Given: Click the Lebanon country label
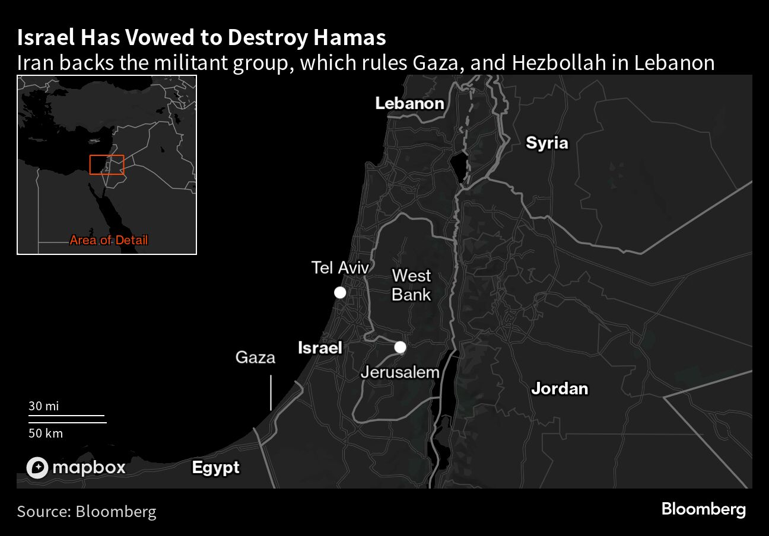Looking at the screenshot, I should [409, 103].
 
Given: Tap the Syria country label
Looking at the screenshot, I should [546, 143].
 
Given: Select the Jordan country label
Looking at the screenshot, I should [559, 388].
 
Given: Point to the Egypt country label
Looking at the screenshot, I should [215, 467].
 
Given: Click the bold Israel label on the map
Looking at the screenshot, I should [320, 347].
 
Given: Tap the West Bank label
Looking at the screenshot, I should [411, 285].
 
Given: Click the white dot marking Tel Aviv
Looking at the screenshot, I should [340, 292].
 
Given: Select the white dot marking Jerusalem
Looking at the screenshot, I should [401, 347].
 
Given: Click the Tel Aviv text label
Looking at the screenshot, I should [340, 267].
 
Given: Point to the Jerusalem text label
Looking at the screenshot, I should [401, 372].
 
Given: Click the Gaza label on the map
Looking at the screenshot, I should [255, 357].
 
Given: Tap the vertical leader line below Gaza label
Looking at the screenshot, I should [271, 392].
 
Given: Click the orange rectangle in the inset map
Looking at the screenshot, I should [107, 165].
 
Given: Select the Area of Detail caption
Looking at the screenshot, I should [109, 240].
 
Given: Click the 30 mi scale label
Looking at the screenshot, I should [43, 406].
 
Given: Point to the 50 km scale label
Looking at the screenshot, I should [45, 433].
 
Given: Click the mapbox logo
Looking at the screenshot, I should [76, 467].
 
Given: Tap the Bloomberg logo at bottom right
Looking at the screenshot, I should [703, 509].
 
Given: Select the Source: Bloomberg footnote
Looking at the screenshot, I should [86, 511].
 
